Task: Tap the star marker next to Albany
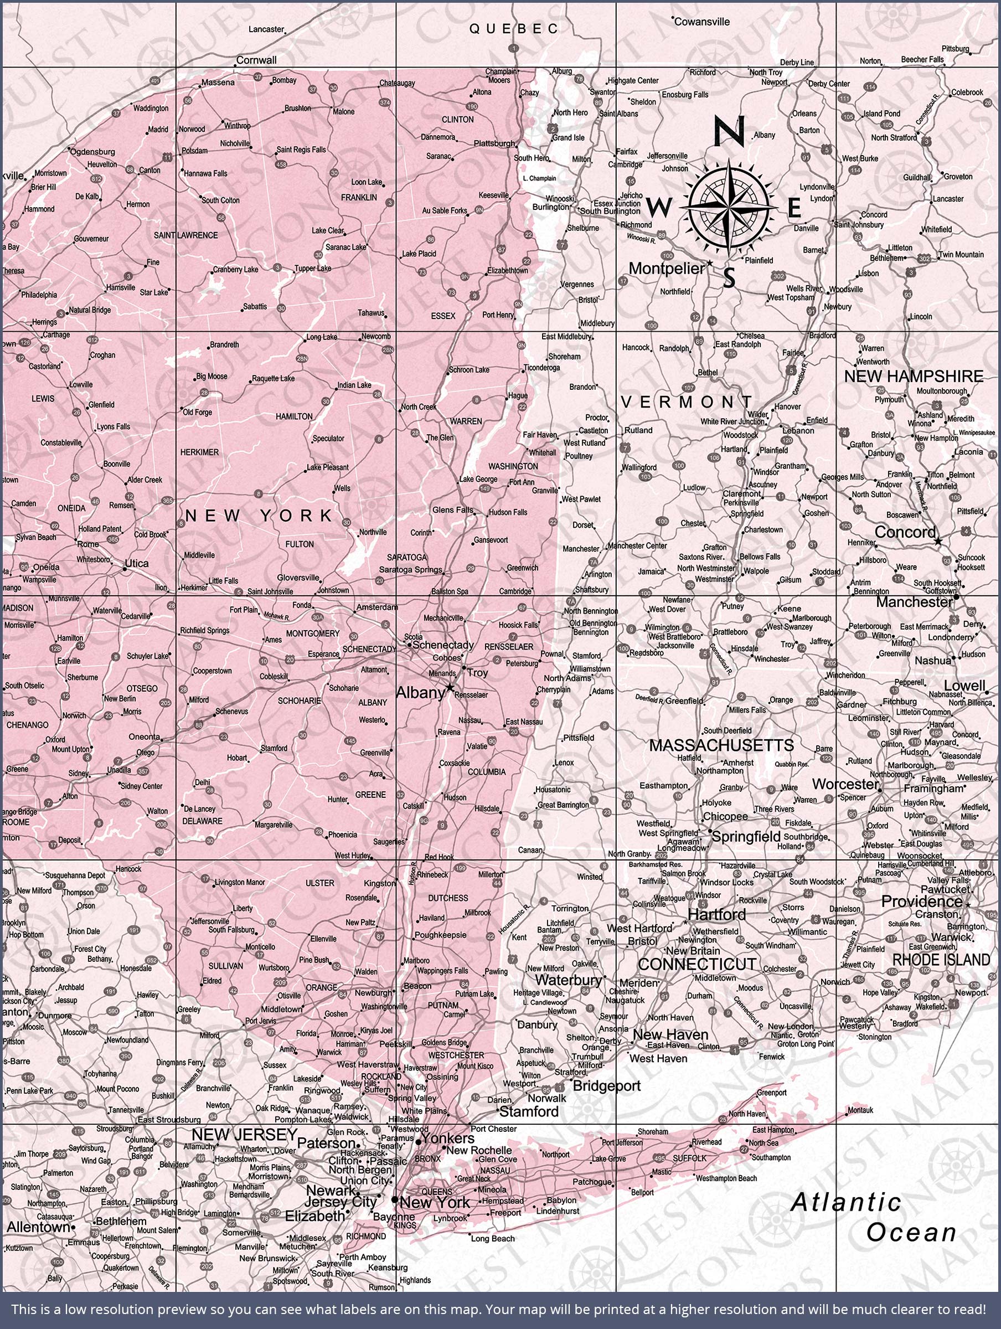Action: pos(450,687)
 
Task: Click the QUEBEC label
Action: pos(514,28)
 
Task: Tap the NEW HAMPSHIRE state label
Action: pos(914,377)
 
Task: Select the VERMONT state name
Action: pos(685,402)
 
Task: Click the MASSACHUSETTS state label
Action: pos(721,745)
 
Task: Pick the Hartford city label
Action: pos(716,914)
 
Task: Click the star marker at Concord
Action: pos(938,542)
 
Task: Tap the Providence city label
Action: pos(921,901)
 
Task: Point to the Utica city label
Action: pos(136,564)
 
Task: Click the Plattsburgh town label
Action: pos(494,143)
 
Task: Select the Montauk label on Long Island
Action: pos(860,1110)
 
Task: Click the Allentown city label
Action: pos(38,1227)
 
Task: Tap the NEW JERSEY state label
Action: pos(244,1134)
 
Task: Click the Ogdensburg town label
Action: pos(92,151)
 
